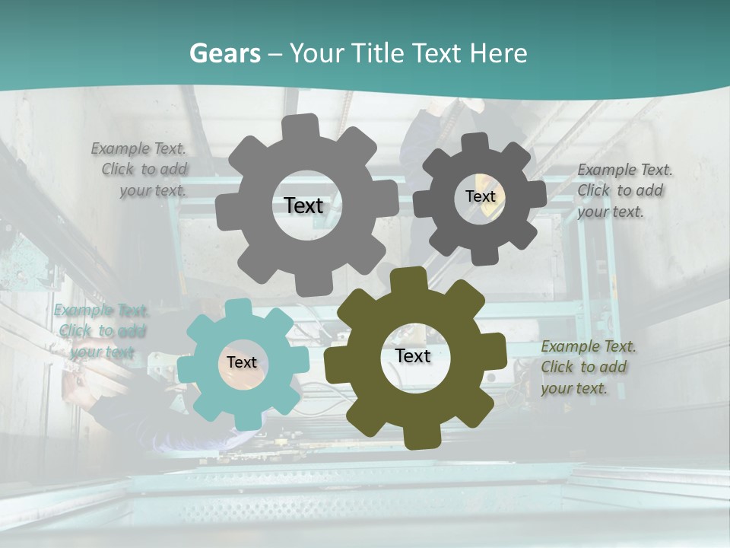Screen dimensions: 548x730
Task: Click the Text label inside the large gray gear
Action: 303,205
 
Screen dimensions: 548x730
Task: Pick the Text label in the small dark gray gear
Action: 480,196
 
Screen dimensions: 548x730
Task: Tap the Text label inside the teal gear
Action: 241,362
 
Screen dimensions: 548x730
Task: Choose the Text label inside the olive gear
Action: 413,356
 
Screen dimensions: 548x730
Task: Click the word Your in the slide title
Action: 315,53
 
